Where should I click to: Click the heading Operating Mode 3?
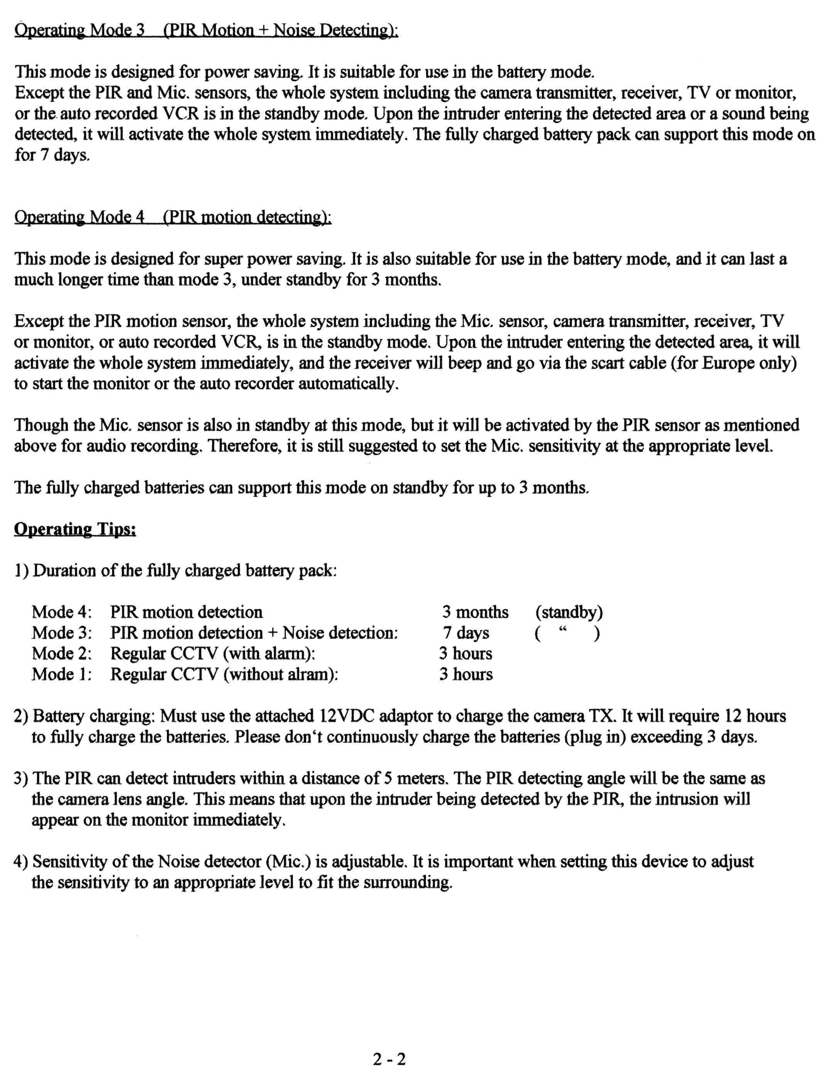[x=80, y=31]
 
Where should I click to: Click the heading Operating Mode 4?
[x=80, y=217]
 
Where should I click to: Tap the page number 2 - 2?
[x=389, y=1059]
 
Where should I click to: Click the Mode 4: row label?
[x=61, y=612]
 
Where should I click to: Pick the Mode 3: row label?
[x=61, y=633]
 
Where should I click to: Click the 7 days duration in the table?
[x=466, y=633]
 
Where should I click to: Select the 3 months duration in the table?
[x=476, y=612]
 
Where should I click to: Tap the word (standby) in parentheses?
[x=569, y=612]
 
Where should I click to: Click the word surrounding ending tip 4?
[x=408, y=883]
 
